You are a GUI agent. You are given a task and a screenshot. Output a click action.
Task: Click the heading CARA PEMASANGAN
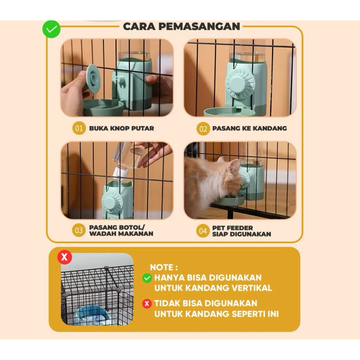point(181,26)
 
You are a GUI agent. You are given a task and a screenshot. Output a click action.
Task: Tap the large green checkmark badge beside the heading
point(51,29)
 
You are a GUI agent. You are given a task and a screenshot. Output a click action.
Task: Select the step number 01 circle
point(79,128)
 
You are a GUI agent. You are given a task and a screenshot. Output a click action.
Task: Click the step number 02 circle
point(203,129)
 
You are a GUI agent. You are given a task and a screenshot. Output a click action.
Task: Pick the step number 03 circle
point(79,231)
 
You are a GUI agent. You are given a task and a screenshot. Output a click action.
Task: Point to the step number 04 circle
point(203,231)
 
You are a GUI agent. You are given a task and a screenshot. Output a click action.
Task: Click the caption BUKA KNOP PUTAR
point(121,128)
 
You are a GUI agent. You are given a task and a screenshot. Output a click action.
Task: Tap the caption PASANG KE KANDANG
point(250,128)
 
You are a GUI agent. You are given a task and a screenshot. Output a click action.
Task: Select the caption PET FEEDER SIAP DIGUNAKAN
point(242,231)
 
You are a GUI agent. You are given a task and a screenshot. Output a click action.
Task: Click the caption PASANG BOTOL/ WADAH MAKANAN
point(121,231)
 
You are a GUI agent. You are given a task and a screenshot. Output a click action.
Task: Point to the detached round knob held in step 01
point(93,79)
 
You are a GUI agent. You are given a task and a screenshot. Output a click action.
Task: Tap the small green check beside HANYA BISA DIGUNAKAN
point(147,278)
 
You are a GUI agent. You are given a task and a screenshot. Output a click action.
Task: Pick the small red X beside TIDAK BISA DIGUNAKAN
point(147,304)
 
